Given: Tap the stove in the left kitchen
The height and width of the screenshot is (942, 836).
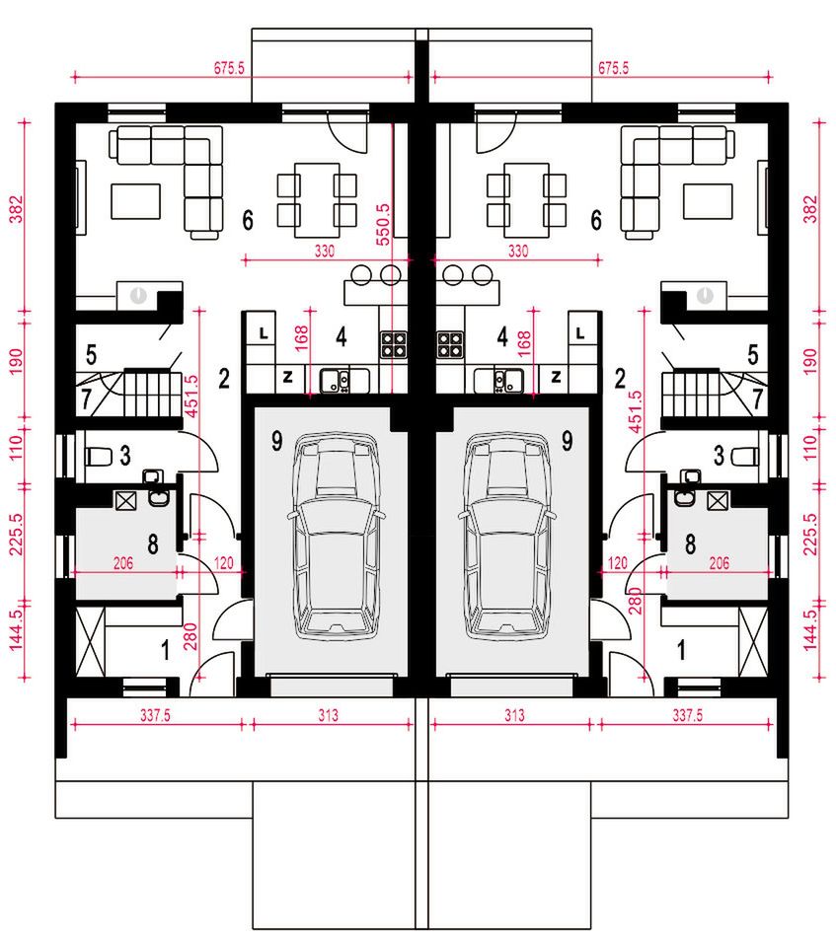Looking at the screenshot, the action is (x=394, y=345).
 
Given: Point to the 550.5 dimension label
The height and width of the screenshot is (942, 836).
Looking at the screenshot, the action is (x=383, y=224).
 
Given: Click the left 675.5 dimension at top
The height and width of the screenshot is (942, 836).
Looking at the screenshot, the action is (x=230, y=68).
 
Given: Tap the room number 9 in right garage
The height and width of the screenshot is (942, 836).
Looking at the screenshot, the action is (x=567, y=442).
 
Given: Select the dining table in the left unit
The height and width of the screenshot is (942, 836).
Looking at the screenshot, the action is (x=317, y=200).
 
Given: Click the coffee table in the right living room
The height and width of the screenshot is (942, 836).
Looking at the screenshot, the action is (x=708, y=201).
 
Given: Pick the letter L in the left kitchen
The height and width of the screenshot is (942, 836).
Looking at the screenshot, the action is (x=264, y=332).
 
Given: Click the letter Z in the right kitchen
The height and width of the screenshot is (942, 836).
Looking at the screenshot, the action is (x=556, y=377).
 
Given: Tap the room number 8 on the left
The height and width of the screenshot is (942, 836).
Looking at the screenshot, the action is (x=153, y=544).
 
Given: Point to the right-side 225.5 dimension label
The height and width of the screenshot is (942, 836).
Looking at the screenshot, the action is (x=810, y=534).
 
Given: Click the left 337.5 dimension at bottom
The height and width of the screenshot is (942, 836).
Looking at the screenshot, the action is (x=156, y=715).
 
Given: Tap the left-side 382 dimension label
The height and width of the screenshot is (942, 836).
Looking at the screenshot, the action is (x=17, y=208).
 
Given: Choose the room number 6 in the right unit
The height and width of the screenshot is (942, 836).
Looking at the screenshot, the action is (x=596, y=220).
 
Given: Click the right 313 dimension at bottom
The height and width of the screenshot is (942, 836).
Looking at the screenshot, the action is (x=514, y=715).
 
